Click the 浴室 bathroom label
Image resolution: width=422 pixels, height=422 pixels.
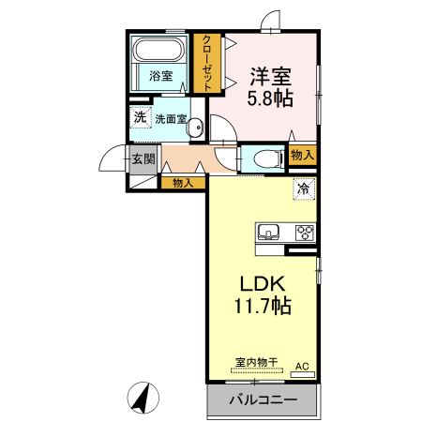(160, 77)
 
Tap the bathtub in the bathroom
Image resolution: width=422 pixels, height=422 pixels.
(160, 50)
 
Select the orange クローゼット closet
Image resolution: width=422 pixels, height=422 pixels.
(207, 63)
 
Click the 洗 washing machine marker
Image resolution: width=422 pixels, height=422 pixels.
(140, 119)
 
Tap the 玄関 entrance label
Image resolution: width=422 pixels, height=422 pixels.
(143, 158)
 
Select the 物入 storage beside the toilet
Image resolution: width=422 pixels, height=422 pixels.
(302, 156)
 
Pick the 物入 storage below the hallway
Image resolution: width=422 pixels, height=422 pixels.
(182, 183)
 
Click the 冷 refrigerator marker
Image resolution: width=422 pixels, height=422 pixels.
(303, 189)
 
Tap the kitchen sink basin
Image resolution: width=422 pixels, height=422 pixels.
(266, 233)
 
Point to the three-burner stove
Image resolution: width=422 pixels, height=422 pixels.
(305, 233)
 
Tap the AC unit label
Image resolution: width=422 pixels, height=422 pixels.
(302, 367)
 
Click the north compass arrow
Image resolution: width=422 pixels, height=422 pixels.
(142, 399)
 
